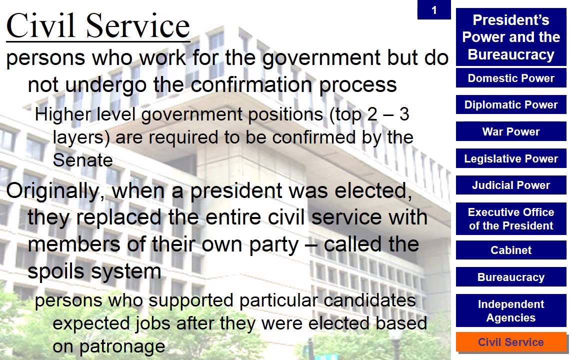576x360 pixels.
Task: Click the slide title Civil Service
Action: tap(98, 26)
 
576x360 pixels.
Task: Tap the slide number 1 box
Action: tap(433, 10)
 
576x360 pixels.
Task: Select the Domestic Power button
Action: tap(511, 78)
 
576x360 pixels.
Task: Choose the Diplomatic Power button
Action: tap(511, 105)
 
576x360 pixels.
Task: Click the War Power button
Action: tap(511, 132)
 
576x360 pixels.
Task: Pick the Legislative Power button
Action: tap(511, 159)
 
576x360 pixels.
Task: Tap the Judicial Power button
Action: tap(511, 185)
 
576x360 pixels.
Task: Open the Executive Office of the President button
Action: tap(511, 219)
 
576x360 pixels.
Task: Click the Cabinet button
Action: tap(511, 250)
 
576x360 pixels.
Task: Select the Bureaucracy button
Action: tap(511, 277)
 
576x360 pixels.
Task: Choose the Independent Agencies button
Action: tap(511, 311)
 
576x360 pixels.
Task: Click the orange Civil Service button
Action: tap(511, 342)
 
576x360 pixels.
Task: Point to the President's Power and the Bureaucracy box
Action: tap(511, 37)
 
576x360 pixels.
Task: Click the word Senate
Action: tap(82, 160)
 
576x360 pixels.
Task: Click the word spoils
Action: tap(55, 271)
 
